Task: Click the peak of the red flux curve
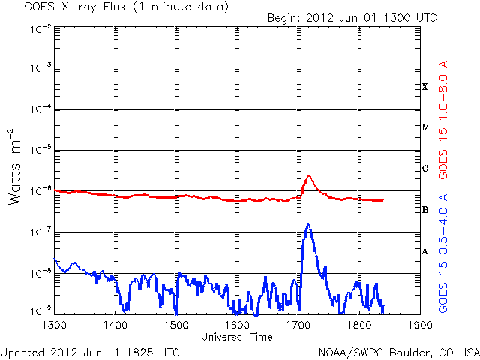309,177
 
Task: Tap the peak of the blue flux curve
308,224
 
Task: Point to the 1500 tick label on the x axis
176,326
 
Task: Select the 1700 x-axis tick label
298,326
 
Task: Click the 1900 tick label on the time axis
420,326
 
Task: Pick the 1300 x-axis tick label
54,326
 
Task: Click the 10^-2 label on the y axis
40,28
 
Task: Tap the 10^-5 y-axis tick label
40,150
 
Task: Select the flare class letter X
425,87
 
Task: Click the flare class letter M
425,127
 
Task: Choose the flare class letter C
425,169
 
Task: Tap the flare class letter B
425,210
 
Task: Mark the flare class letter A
425,251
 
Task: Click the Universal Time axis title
237,337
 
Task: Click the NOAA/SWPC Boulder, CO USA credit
398,352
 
